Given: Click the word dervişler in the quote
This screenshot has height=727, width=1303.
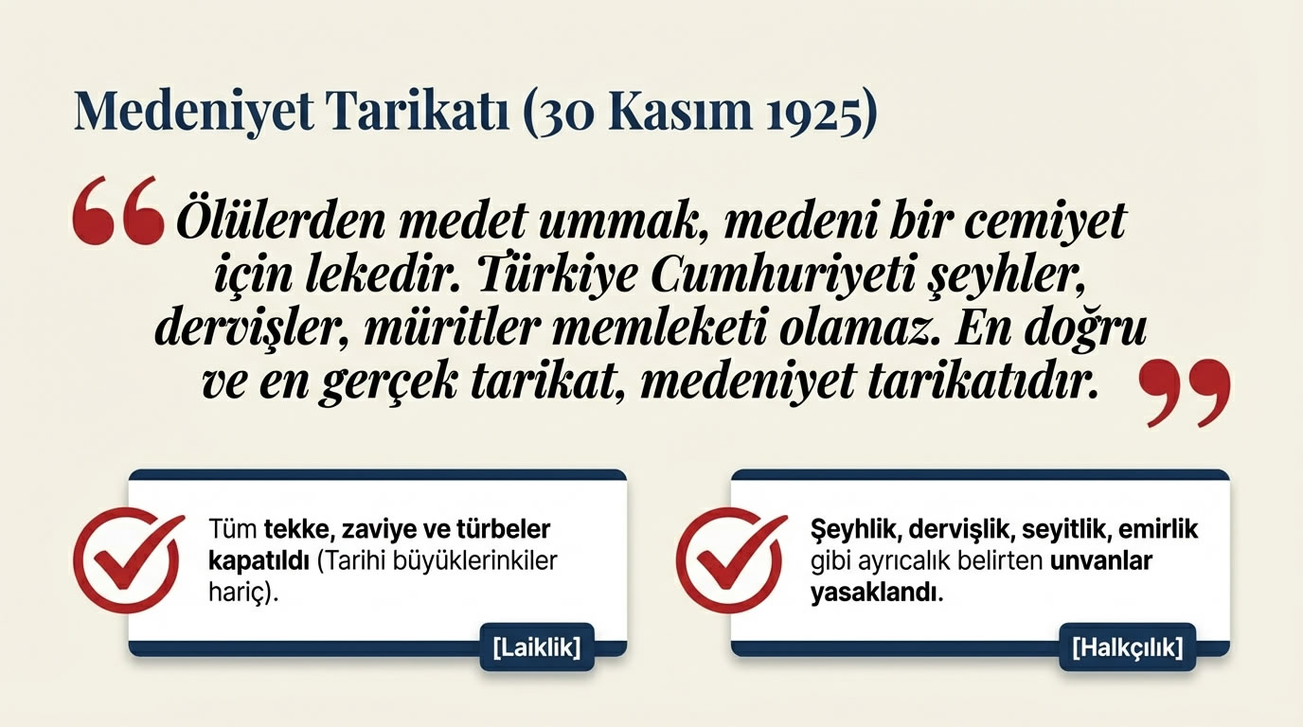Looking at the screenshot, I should pos(245,329).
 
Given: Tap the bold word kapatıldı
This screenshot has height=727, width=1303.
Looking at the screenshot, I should pos(259,559).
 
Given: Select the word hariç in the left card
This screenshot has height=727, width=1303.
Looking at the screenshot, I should pos(242,592).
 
